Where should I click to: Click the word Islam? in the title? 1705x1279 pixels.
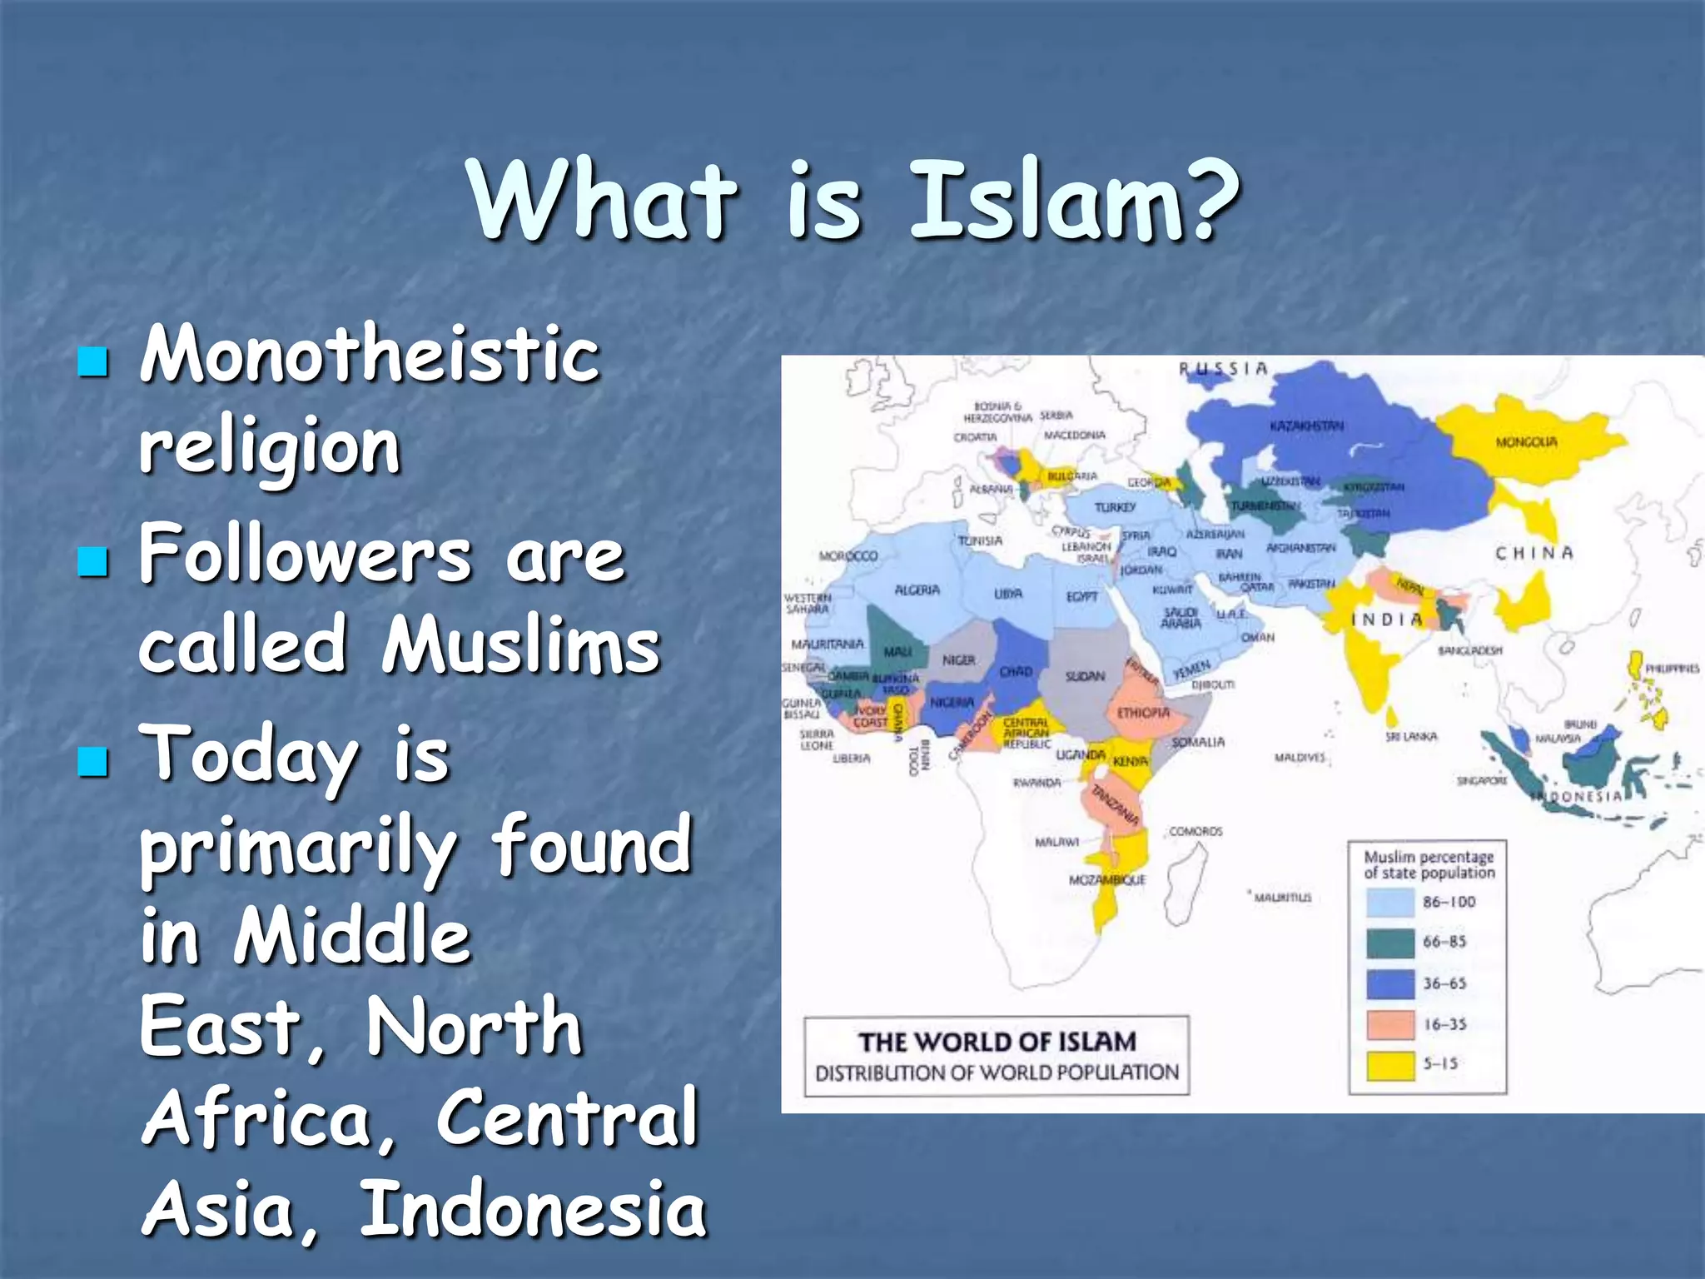click(x=1074, y=202)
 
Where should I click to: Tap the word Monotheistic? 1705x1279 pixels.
click(x=370, y=355)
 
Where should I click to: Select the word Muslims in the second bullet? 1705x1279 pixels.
click(x=521, y=646)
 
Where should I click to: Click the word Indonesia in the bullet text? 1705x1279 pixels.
click(x=533, y=1209)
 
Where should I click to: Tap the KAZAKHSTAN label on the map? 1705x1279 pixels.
click(x=1306, y=426)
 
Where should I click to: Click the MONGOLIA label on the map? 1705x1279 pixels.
click(x=1526, y=441)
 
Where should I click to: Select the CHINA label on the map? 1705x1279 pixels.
click(x=1534, y=553)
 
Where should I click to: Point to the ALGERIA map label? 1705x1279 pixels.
click(x=917, y=590)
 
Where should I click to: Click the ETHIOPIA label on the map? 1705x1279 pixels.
click(x=1143, y=713)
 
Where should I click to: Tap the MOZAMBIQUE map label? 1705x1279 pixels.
click(x=1106, y=879)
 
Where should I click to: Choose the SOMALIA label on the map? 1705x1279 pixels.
click(x=1198, y=741)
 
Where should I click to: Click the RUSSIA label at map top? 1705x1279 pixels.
click(x=1223, y=369)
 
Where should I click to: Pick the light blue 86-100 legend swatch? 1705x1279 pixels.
click(x=1390, y=902)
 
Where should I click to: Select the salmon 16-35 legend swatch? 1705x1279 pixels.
click(x=1390, y=1024)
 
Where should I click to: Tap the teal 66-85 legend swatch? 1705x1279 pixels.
click(x=1390, y=943)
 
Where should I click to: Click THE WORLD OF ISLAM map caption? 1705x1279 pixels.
click(x=997, y=1042)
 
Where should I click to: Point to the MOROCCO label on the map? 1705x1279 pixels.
click(x=848, y=555)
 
